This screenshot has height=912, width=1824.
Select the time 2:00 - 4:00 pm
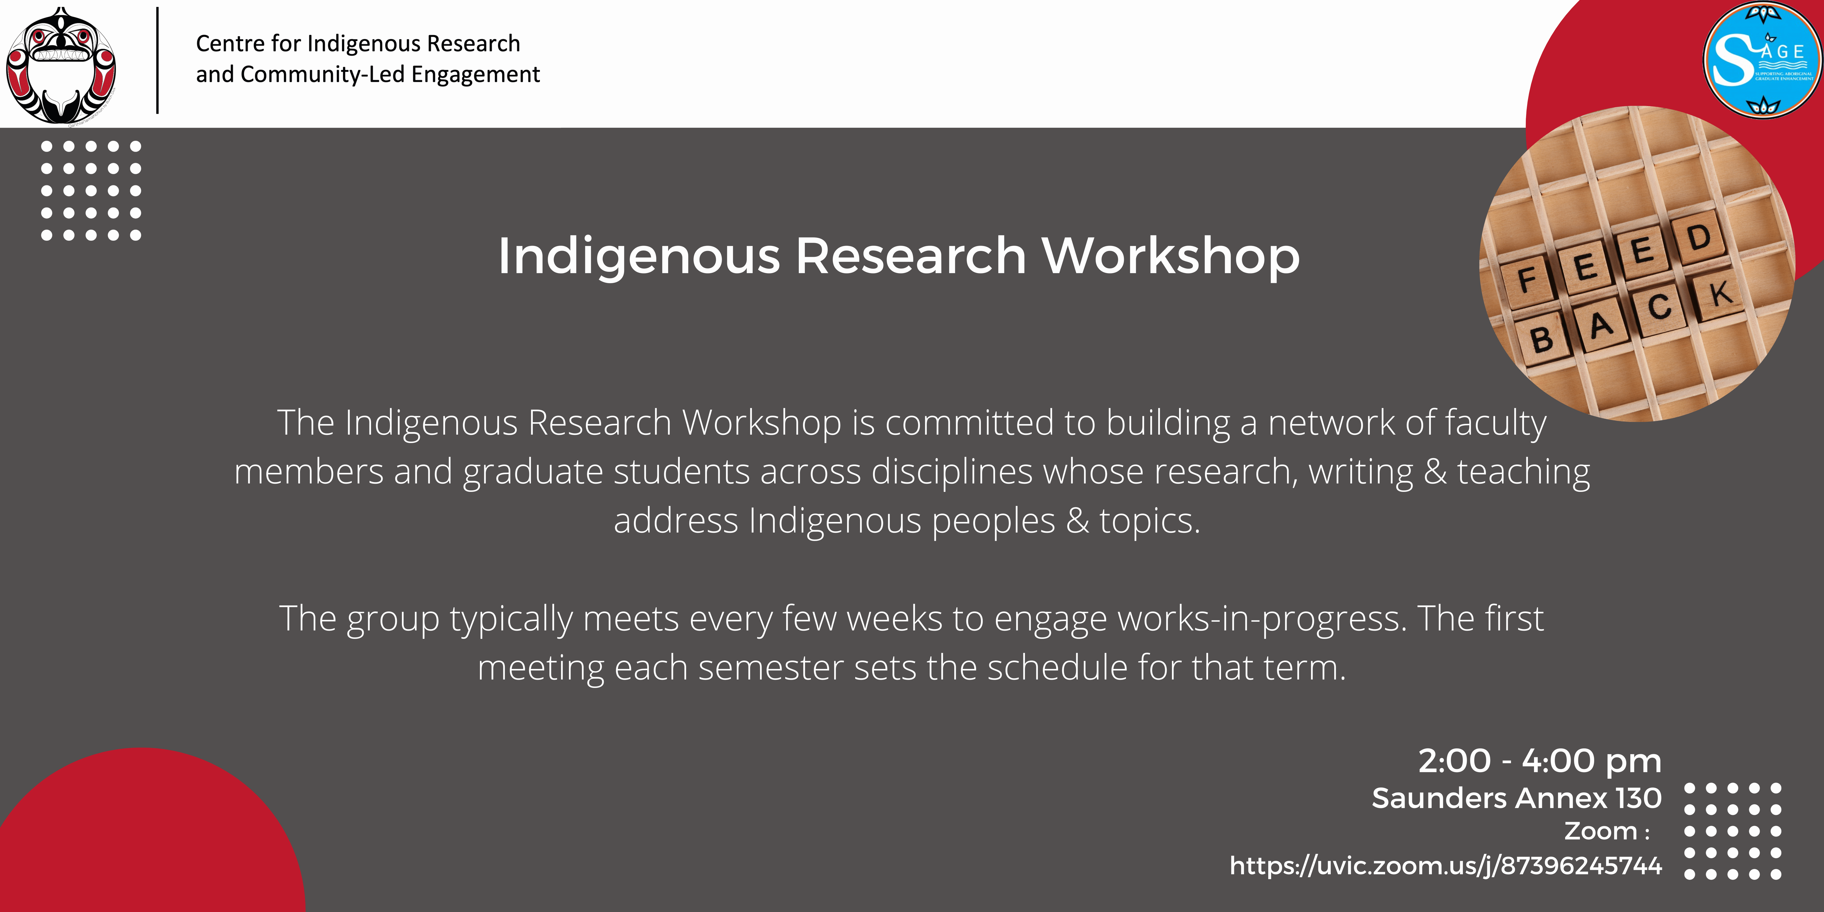pos(1539,761)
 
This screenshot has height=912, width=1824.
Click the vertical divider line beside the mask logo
pos(157,60)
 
